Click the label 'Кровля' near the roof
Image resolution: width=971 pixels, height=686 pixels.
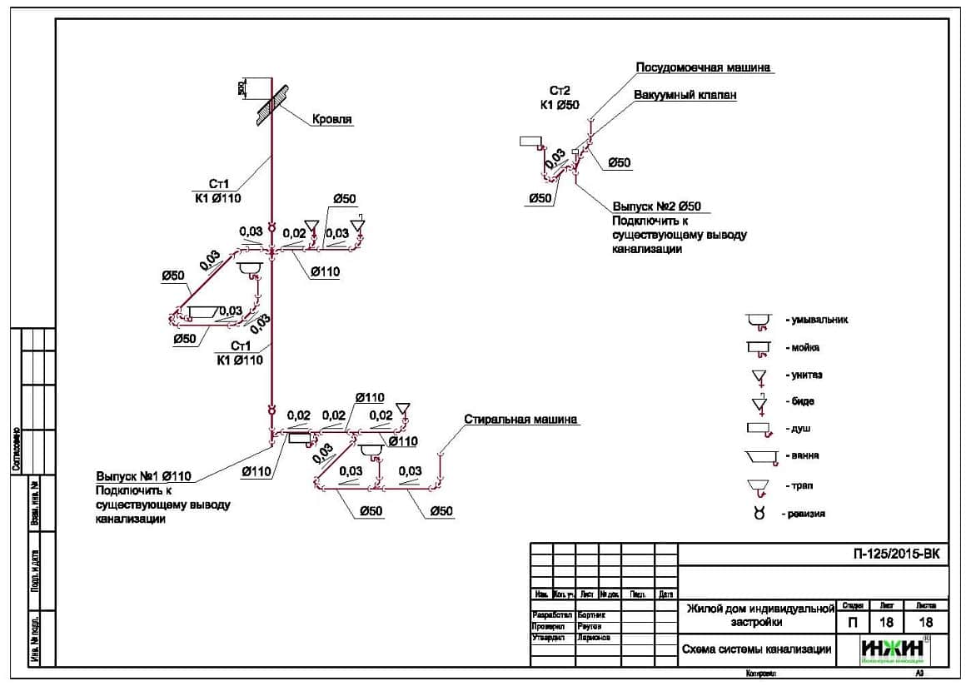[x=332, y=119]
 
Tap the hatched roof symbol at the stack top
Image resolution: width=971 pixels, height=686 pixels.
[x=271, y=102]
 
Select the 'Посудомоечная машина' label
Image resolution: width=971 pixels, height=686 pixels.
[x=703, y=67]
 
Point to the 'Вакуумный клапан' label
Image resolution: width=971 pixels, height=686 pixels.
[x=685, y=95]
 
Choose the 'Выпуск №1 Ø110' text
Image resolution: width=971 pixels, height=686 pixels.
[x=144, y=476]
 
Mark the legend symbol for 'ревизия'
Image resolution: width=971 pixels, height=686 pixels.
[x=759, y=514]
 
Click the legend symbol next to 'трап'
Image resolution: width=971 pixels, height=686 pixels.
[x=757, y=485]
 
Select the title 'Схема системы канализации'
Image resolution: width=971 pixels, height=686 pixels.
[x=756, y=649]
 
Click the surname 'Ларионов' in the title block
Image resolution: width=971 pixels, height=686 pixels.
[x=594, y=638]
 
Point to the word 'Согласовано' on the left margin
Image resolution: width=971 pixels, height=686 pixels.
[x=16, y=450]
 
